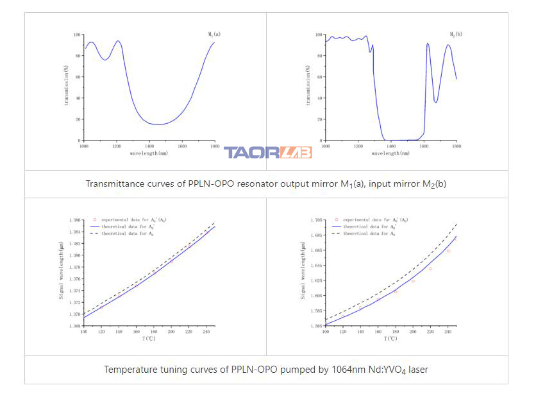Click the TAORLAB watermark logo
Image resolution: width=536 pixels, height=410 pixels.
pos(267,152)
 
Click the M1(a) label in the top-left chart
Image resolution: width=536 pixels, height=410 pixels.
pos(214,34)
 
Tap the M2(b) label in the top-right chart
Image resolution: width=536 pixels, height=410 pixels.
pos(456,34)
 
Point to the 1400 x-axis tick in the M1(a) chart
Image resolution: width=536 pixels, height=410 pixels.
pos(149,146)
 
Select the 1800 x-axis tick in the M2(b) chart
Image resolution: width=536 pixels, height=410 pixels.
pos(456,146)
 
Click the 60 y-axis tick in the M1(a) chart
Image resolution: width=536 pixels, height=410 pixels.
pos(78,77)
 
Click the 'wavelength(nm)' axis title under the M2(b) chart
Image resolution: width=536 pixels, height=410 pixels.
pos(390,153)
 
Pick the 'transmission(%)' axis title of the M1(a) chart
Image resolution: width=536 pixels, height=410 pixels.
pos(66,88)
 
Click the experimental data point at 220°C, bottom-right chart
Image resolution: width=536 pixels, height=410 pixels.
pos(430,269)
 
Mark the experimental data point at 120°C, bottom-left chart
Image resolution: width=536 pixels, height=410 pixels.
pos(101,307)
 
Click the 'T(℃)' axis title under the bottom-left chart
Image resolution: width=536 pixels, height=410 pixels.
pos(149,339)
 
